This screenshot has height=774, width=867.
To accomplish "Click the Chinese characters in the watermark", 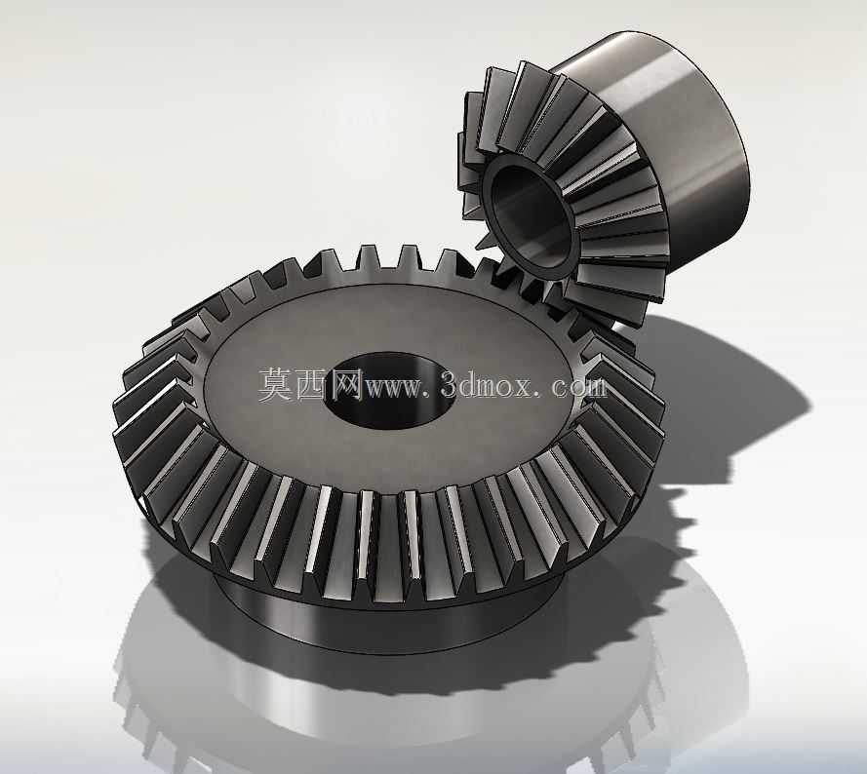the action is [x=310, y=385].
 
